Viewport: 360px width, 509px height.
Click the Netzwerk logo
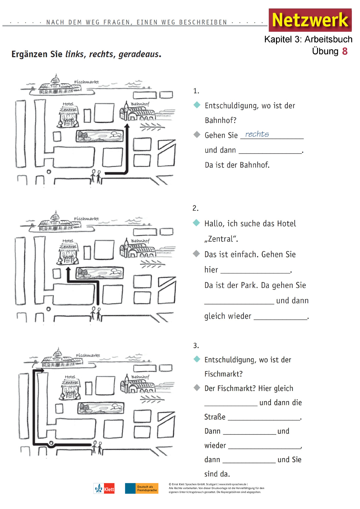[x=310, y=20]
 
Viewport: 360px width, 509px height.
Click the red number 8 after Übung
[x=345, y=51]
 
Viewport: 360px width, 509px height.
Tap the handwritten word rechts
[x=257, y=134]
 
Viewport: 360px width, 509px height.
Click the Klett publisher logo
[x=104, y=489]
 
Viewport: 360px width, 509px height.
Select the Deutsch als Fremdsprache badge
[x=141, y=488]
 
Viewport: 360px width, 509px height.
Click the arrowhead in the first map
[x=127, y=126]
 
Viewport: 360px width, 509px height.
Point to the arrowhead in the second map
[x=68, y=269]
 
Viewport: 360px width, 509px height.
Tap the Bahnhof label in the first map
[x=140, y=104]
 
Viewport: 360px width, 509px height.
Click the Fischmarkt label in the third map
[x=88, y=355]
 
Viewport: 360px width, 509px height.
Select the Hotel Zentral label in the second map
[x=69, y=244]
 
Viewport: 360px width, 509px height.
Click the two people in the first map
[x=96, y=177]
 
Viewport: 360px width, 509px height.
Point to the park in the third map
[x=101, y=408]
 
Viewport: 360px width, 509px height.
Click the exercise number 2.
[x=195, y=208]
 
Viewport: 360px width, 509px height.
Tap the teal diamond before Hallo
[x=196, y=223]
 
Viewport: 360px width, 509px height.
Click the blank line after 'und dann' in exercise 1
[x=270, y=151]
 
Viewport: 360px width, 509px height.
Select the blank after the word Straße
[x=264, y=418]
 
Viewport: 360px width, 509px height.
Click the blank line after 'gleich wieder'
[x=280, y=317]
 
